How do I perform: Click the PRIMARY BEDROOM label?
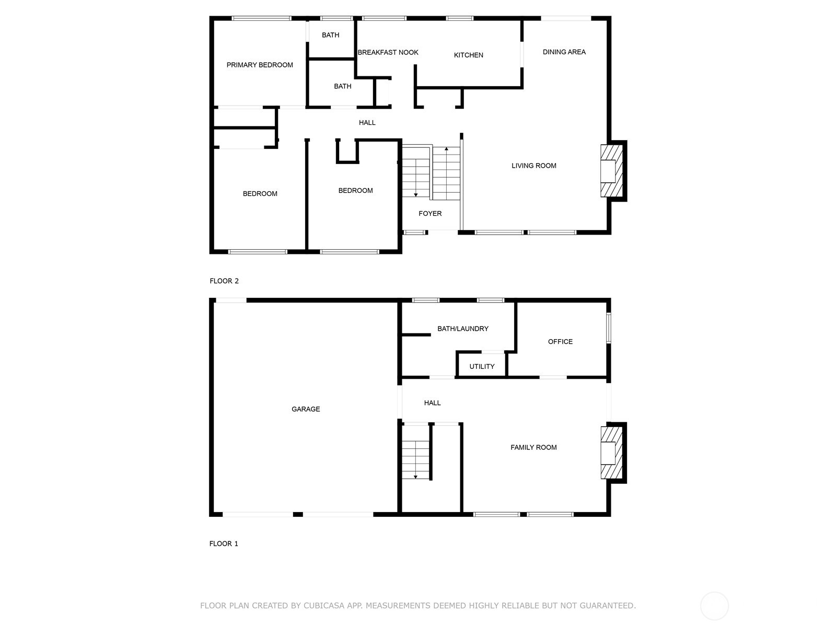pos(260,65)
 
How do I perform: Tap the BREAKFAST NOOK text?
pos(388,53)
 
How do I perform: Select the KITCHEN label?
pos(469,55)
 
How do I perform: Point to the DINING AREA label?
pos(564,52)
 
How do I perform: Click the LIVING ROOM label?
pos(533,166)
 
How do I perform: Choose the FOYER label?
pos(430,214)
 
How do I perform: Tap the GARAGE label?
pos(306,409)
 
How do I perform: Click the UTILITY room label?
pos(482,367)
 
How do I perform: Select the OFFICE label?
pos(560,342)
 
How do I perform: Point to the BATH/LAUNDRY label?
pos(463,329)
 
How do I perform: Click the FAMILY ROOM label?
pos(533,448)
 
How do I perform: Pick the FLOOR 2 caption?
pos(224,281)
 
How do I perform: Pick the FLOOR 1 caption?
pos(224,543)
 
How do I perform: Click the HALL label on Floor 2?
pos(367,123)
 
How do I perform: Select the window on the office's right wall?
pos(609,328)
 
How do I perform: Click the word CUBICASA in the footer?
pos(326,606)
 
